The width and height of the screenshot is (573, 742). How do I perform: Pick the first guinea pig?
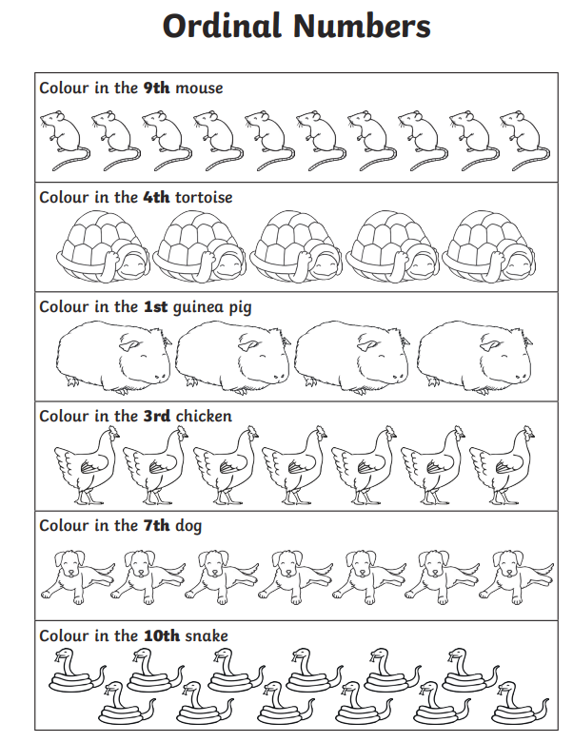[x=113, y=357]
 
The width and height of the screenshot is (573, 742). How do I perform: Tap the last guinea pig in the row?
[x=475, y=357]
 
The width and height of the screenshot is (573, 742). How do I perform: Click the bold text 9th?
[x=156, y=88]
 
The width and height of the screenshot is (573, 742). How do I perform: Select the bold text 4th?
[x=156, y=197]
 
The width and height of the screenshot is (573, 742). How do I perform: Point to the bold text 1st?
[x=155, y=307]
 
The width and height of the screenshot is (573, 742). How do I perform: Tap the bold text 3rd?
[x=157, y=417]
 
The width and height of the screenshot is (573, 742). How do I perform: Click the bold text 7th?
[x=156, y=526]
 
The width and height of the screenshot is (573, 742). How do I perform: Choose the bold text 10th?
[x=162, y=635]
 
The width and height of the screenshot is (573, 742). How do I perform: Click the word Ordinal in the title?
[x=222, y=26]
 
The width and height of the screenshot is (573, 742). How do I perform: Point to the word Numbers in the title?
[x=362, y=26]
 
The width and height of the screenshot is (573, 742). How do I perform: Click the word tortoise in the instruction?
[x=204, y=197]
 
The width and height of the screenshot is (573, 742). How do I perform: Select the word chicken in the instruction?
[x=204, y=417]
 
